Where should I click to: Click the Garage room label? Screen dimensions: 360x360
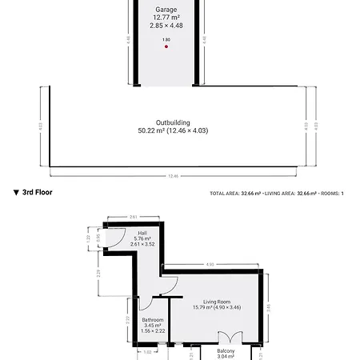pos(166,9)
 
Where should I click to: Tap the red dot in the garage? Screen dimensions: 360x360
pos(166,46)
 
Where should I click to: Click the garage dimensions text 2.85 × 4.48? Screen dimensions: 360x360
pos(166,25)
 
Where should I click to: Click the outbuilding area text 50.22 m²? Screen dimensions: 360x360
pos(152,130)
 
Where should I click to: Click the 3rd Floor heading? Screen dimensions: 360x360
pos(38,193)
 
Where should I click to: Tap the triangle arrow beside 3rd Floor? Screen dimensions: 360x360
pos(16,193)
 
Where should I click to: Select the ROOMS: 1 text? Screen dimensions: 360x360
pos(332,194)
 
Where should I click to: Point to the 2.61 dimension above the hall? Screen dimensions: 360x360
pos(134,216)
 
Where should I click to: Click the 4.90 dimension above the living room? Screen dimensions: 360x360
pos(210,264)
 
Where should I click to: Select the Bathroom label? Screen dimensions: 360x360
pos(152,320)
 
